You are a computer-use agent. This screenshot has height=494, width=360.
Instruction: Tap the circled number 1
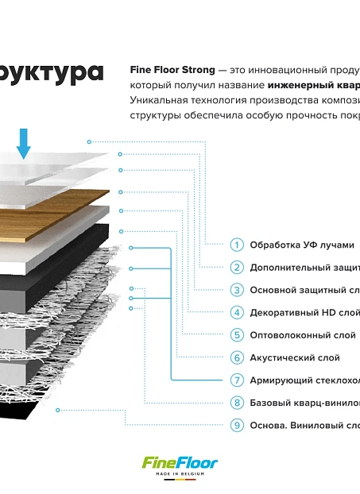(x=237, y=245)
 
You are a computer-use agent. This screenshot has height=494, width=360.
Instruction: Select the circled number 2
(x=237, y=268)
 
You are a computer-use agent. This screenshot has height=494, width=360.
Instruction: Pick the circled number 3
(x=237, y=290)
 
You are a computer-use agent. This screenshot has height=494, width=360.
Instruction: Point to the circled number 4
(x=237, y=313)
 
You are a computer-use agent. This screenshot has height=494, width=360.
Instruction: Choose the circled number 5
(x=237, y=335)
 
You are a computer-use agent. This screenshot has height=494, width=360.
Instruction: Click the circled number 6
(x=237, y=358)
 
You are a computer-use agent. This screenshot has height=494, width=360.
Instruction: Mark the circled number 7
(x=237, y=380)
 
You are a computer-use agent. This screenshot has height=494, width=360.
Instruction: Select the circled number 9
(x=237, y=426)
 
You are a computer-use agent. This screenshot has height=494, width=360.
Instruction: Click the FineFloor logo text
(x=180, y=463)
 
